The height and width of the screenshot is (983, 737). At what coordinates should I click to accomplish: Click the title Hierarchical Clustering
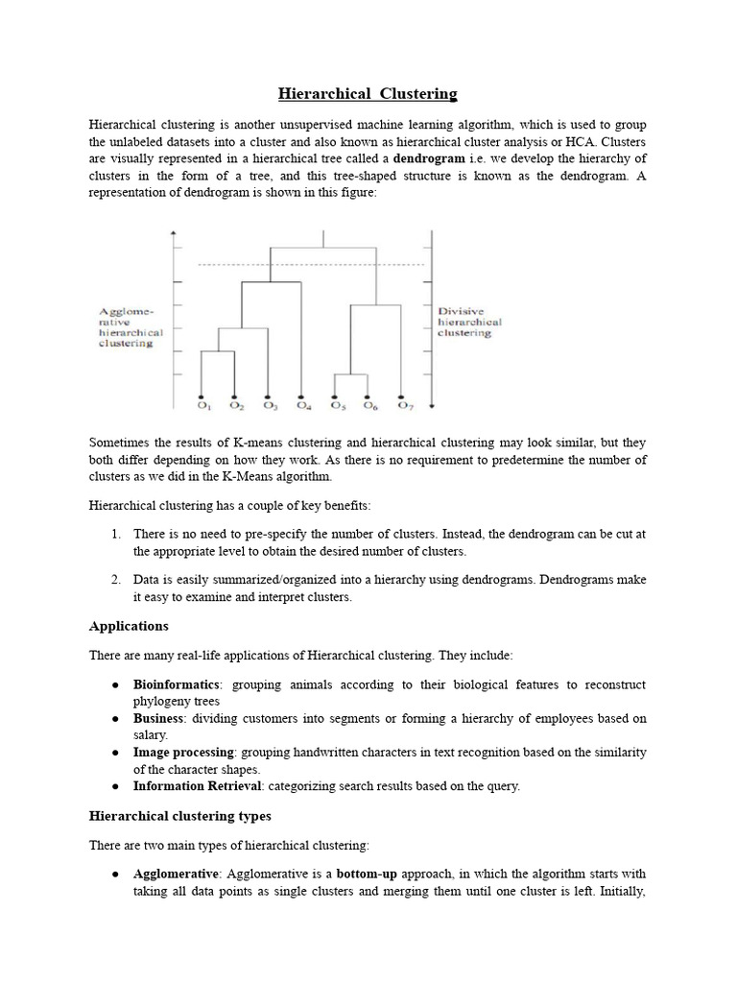tap(368, 93)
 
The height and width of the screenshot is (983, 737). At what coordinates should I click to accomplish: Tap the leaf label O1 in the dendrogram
tap(202, 407)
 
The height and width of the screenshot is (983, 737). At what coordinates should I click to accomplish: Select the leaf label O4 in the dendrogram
tap(303, 407)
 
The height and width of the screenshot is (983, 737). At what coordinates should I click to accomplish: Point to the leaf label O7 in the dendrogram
tap(403, 407)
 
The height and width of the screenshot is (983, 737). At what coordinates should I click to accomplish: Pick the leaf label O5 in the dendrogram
tap(337, 407)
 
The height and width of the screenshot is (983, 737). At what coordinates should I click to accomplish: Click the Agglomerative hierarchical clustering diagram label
tap(131, 326)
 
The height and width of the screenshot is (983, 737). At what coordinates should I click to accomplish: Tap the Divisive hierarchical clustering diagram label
tap(469, 322)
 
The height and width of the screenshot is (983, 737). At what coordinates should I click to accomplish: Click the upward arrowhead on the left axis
tap(172, 234)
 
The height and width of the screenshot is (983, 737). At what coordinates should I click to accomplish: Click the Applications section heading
tap(129, 626)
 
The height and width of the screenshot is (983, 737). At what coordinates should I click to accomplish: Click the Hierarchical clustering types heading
tap(180, 816)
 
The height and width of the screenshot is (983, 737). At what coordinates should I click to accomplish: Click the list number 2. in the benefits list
tap(114, 580)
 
